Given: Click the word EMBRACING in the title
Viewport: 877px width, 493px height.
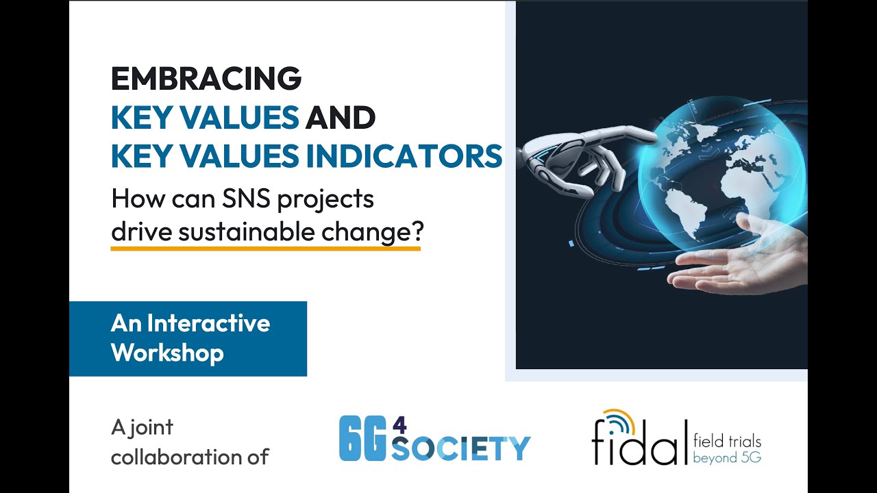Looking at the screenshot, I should click(206, 79).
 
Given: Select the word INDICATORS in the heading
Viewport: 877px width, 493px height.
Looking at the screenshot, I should click(404, 157).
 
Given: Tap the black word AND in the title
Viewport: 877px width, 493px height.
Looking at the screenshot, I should click(341, 118).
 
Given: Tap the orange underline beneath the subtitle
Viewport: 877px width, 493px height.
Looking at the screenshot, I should click(265, 248).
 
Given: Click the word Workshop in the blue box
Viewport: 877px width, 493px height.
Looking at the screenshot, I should click(167, 353).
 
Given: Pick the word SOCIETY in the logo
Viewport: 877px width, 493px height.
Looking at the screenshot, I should click(460, 448).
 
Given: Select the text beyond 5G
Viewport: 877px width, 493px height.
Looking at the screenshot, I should click(727, 457).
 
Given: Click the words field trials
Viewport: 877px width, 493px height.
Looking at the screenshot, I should click(727, 441).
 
